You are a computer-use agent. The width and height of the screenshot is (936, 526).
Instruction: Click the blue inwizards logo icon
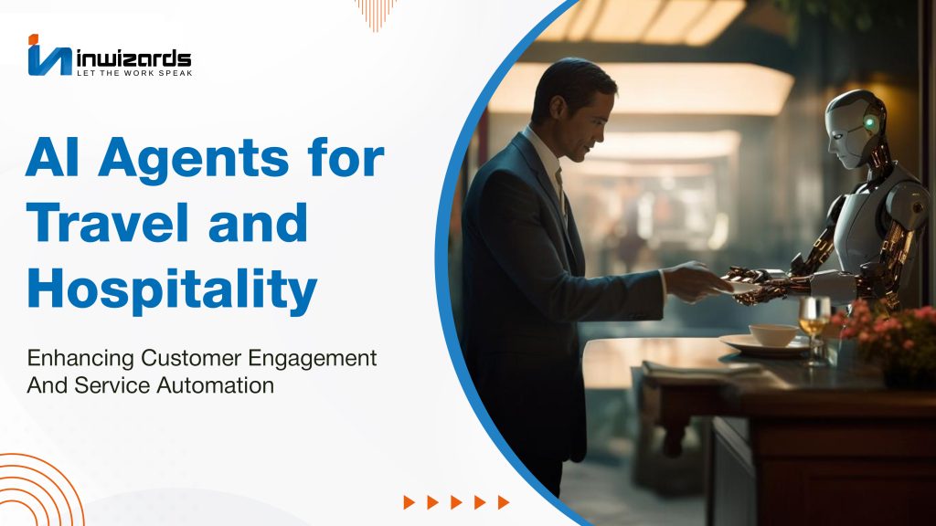point(49,56)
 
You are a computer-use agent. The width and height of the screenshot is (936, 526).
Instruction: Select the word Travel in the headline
point(108,222)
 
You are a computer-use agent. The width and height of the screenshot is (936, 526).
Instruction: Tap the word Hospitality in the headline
point(172,289)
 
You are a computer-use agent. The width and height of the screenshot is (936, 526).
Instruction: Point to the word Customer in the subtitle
point(191,358)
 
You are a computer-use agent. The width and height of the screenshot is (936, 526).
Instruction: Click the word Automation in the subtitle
point(216,385)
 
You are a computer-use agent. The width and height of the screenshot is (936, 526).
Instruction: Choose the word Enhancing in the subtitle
point(80,359)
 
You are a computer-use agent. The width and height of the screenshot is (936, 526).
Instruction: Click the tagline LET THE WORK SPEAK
point(134,73)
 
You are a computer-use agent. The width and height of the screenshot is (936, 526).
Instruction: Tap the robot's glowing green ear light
point(871,123)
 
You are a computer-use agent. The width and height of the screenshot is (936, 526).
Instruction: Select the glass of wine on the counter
point(814,329)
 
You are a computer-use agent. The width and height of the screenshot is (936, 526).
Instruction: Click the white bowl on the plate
point(773,335)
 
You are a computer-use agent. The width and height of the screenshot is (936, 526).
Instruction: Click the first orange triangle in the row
point(409,502)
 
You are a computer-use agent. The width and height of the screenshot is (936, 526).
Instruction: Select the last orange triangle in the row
point(504,502)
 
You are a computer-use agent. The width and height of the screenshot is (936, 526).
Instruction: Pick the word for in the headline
point(346,157)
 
